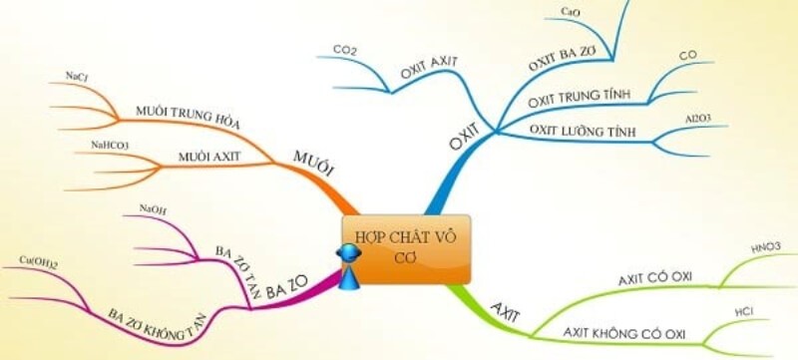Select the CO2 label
(345, 47)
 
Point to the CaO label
(571, 11)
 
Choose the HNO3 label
(765, 246)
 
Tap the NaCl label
(75, 76)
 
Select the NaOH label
(154, 209)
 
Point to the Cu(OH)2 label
(39, 261)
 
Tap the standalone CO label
(688, 55)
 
